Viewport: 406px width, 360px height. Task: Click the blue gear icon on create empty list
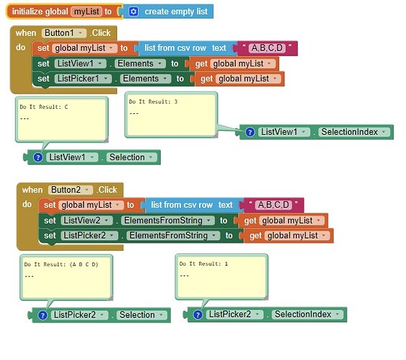133,12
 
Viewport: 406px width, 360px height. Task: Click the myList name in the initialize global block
87,12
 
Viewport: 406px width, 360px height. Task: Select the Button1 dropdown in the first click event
64,33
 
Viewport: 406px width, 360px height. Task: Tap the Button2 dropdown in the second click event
71,190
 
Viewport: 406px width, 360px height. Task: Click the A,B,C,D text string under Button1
267,48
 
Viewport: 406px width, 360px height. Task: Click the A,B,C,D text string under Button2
273,205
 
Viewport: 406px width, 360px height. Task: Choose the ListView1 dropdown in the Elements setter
80,63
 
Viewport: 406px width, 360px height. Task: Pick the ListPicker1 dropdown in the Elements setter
83,79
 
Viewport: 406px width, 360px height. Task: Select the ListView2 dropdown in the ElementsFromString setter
87,221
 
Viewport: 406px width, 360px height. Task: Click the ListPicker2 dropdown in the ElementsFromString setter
89,236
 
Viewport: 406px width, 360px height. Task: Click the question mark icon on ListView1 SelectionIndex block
250,132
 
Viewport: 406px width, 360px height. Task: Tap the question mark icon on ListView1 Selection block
37,157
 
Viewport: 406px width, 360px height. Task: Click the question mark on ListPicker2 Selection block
43,315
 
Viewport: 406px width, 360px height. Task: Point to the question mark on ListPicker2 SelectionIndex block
198,315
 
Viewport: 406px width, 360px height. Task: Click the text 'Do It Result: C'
44,107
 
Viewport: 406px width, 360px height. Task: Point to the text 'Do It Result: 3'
154,102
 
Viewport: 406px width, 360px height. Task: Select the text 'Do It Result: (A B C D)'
61,265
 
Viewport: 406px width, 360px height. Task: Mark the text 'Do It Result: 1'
203,264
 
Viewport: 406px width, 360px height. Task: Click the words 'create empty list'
176,12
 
